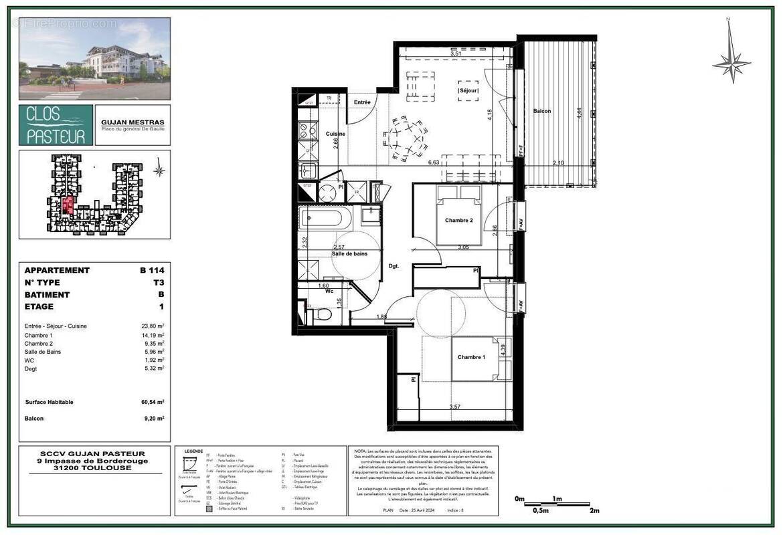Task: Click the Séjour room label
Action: (x=466, y=90)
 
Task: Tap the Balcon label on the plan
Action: (x=541, y=111)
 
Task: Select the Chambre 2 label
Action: (x=458, y=220)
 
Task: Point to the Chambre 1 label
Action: (x=471, y=357)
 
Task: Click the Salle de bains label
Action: (x=349, y=253)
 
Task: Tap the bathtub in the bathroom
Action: (x=324, y=217)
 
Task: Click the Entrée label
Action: (x=362, y=102)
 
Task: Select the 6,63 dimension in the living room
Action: (x=433, y=162)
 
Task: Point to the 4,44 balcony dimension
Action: (x=580, y=112)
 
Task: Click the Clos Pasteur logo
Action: (x=56, y=125)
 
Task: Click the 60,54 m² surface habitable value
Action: (x=151, y=402)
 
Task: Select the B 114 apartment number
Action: (x=151, y=270)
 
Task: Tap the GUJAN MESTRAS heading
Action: (x=132, y=122)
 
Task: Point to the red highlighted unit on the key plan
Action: (x=68, y=205)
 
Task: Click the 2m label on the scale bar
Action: (x=594, y=510)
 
